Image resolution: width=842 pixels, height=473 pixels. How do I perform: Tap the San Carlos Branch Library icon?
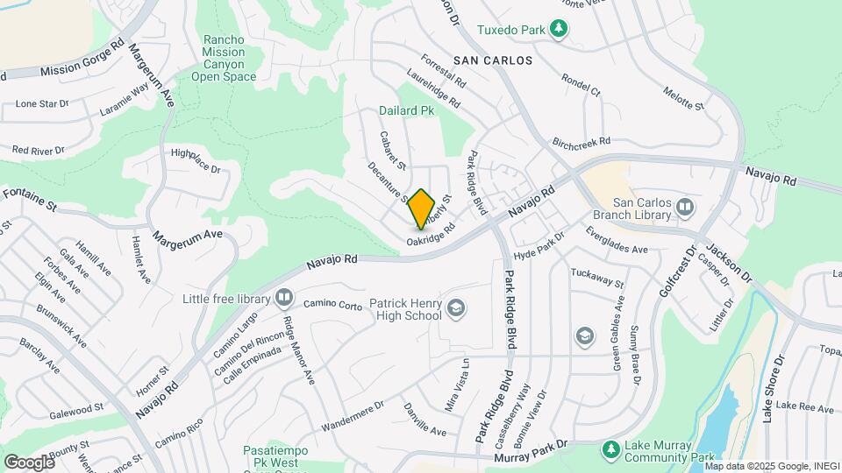[x=685, y=208]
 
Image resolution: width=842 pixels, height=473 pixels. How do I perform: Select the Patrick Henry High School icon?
[x=455, y=307]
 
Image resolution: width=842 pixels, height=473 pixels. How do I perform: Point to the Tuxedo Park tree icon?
[x=558, y=30]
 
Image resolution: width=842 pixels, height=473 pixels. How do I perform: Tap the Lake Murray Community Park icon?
[x=611, y=449]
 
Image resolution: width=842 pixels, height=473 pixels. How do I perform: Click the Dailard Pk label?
[x=406, y=111]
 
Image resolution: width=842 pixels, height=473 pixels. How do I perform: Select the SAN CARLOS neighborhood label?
[x=493, y=60]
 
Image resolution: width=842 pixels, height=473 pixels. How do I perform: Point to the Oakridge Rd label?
[x=431, y=233]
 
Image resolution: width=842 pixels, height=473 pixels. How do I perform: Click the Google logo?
[x=29, y=461]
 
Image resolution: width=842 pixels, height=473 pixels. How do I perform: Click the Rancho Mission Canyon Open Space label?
[x=230, y=58]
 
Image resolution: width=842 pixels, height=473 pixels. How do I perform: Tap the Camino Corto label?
[x=333, y=305]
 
